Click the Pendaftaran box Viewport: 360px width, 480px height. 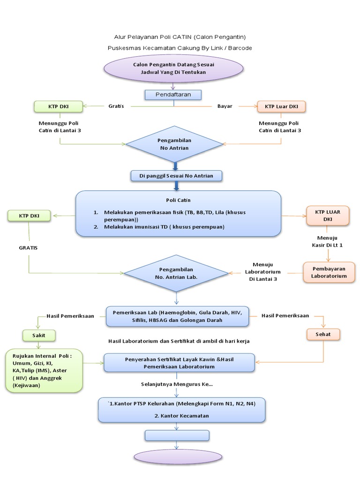(x=173, y=95)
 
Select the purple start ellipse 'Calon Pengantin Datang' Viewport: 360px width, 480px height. (x=173, y=68)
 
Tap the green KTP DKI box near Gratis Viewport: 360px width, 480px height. (x=58, y=106)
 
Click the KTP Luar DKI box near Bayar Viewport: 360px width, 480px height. (x=281, y=106)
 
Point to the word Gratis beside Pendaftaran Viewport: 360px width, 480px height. (x=116, y=106)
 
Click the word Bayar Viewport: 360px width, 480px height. (x=225, y=106)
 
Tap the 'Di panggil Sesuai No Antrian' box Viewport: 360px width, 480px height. (x=176, y=176)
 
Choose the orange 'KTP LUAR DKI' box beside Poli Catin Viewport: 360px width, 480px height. (x=328, y=215)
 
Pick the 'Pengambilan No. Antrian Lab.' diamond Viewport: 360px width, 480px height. (x=176, y=273)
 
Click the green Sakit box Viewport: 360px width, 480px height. (x=39, y=335)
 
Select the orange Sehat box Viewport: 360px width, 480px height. (x=323, y=334)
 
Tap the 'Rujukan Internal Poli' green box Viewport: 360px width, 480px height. (x=44, y=370)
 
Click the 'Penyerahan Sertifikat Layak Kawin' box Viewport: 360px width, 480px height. (x=179, y=362)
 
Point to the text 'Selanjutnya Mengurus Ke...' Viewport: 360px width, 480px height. (x=177, y=384)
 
